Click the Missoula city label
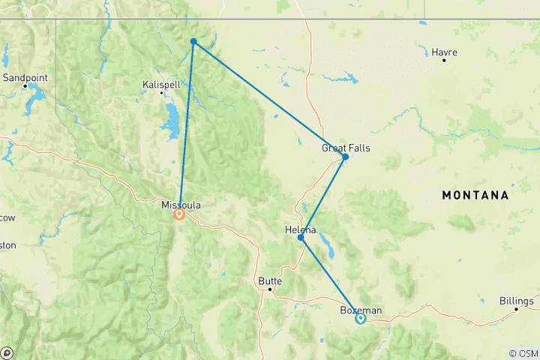coord(181,204)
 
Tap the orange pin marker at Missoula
coord(180,214)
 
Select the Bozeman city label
coord(361,310)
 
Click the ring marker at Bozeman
coord(361,319)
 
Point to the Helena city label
coord(301,229)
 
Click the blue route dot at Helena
coord(301,238)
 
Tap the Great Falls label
coord(346,148)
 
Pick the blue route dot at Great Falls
coord(345,157)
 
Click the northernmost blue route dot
coord(193,42)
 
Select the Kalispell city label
coord(161,85)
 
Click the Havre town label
coord(445,52)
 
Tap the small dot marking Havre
coord(444,60)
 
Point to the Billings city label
coord(517,301)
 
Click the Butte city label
coord(270,281)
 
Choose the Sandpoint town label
coord(25,77)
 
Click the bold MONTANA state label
coord(475,195)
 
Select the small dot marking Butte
coord(269,289)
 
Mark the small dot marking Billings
coord(516,309)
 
